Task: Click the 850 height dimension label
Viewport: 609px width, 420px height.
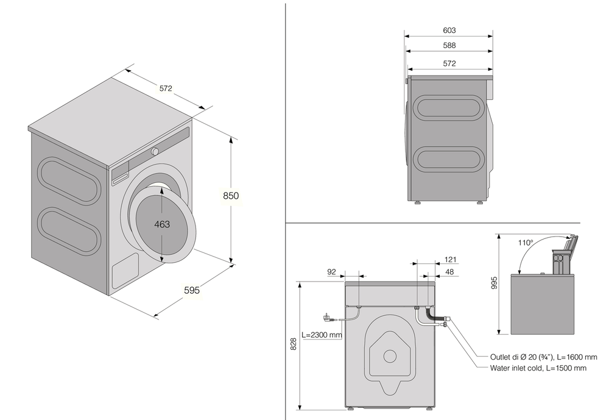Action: pyautogui.click(x=230, y=196)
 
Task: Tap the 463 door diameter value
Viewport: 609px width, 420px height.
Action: pyautogui.click(x=162, y=224)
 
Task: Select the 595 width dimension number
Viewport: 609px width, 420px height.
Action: pyautogui.click(x=191, y=290)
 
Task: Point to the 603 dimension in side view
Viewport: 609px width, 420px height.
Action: pyautogui.click(x=449, y=30)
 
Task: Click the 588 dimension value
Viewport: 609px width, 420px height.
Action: pyautogui.click(x=449, y=45)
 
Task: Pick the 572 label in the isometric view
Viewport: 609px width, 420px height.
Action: pyautogui.click(x=166, y=88)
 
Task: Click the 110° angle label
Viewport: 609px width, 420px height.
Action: pyautogui.click(x=526, y=242)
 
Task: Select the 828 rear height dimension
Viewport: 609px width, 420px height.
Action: pyautogui.click(x=293, y=344)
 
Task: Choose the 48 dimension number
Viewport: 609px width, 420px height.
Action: pyautogui.click(x=451, y=271)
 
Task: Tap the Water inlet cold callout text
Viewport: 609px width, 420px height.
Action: pyautogui.click(x=538, y=368)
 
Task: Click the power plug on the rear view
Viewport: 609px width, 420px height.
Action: pyautogui.click(x=328, y=318)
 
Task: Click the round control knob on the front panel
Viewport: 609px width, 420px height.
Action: pyautogui.click(x=155, y=151)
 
